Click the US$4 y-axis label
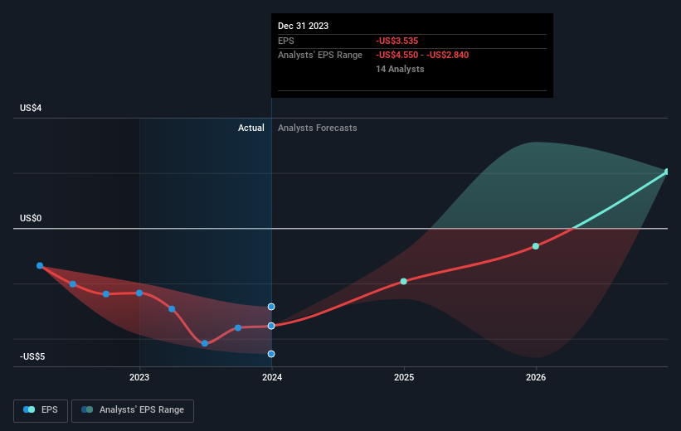coord(31,108)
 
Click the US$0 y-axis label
coord(31,218)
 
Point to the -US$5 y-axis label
coord(32,356)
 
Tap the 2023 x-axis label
coord(139,377)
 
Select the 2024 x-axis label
coord(272,377)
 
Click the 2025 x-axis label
coord(404,377)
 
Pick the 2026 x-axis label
coord(536,377)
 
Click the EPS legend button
coord(41,410)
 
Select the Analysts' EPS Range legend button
coord(133,410)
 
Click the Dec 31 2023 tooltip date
coord(303,26)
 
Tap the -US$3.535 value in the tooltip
coord(397,41)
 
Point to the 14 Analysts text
coord(400,69)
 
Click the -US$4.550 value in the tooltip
coord(397,56)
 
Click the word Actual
coord(251,128)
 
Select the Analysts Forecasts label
coord(318,128)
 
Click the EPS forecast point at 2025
coord(403,281)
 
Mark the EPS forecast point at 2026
coord(536,246)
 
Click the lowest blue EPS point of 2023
coord(205,343)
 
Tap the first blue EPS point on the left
coord(40,265)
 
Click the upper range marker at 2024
coord(271,307)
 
